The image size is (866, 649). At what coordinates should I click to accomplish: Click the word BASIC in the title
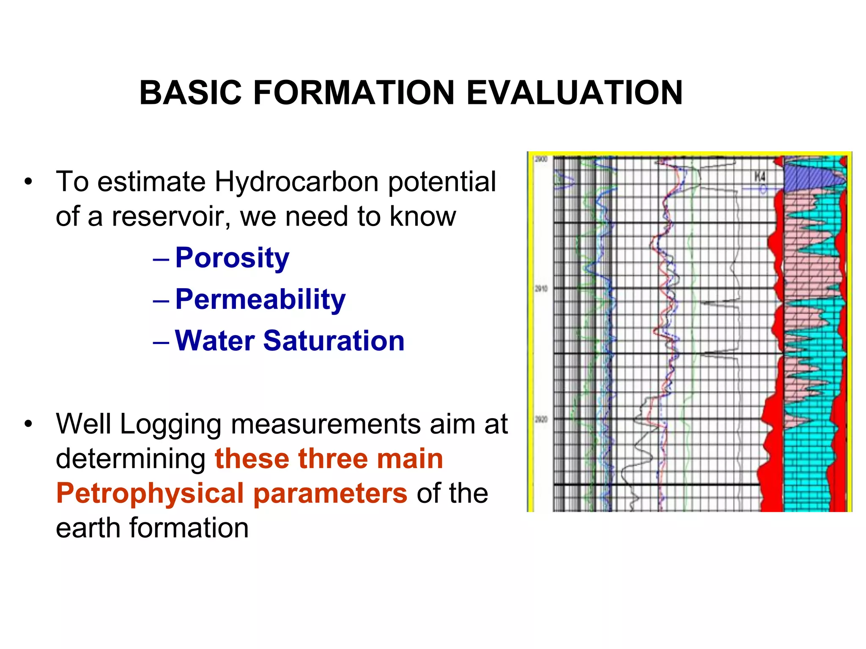coord(190,93)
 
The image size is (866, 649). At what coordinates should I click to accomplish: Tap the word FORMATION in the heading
coord(354,93)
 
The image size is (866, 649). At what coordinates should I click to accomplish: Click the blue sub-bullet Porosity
coord(232,258)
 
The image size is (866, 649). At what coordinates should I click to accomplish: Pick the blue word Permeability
coord(260,299)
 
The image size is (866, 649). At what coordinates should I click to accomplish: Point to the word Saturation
coord(334,341)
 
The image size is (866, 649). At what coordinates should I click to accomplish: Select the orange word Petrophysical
coord(150,493)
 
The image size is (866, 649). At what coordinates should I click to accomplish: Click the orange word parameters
coord(330,493)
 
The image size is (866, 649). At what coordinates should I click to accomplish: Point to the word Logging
coord(170,424)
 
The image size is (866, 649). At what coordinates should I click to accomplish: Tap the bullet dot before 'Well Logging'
coord(28,424)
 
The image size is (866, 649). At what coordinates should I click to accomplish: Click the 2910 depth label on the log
coord(541,289)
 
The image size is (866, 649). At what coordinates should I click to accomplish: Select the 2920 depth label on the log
coord(541,419)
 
